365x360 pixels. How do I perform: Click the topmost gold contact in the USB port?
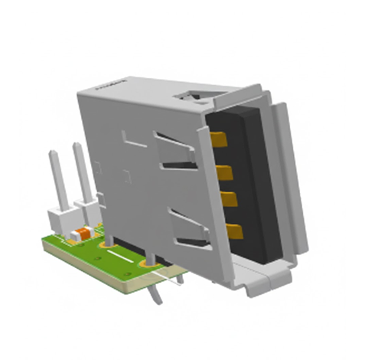click(220, 139)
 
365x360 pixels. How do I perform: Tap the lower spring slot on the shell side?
click(186, 228)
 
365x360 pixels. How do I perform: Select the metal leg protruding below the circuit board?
click(158, 294)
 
